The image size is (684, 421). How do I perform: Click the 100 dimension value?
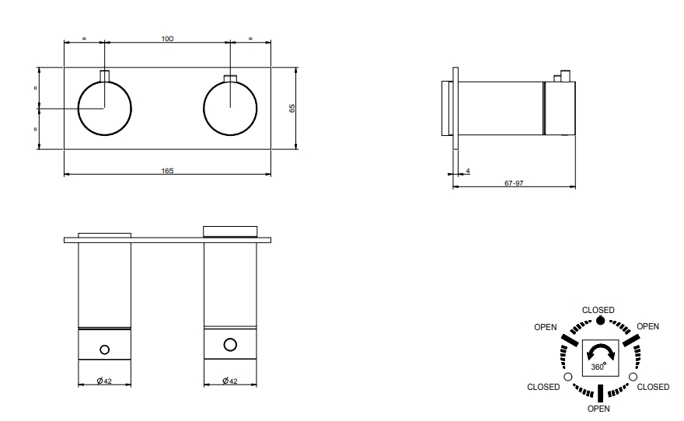[x=167, y=39]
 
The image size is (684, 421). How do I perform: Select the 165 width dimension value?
[x=168, y=171]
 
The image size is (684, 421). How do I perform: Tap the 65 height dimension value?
[x=292, y=108]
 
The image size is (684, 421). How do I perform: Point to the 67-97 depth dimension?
[x=514, y=183]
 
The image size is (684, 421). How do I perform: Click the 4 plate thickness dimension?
[x=468, y=172]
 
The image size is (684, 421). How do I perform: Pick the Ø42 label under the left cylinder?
[x=104, y=381]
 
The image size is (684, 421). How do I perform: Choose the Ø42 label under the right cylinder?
[x=230, y=381]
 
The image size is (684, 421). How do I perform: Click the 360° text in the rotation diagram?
[x=598, y=367]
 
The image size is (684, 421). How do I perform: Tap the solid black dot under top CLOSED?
[x=601, y=321]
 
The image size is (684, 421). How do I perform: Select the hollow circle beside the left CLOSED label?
[x=568, y=377]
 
